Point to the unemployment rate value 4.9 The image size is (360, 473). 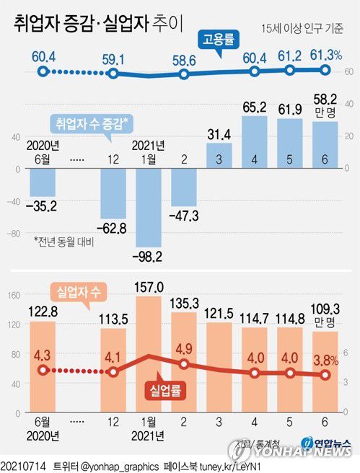[x=185, y=349]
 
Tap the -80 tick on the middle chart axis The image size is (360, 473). [x=12, y=234]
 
